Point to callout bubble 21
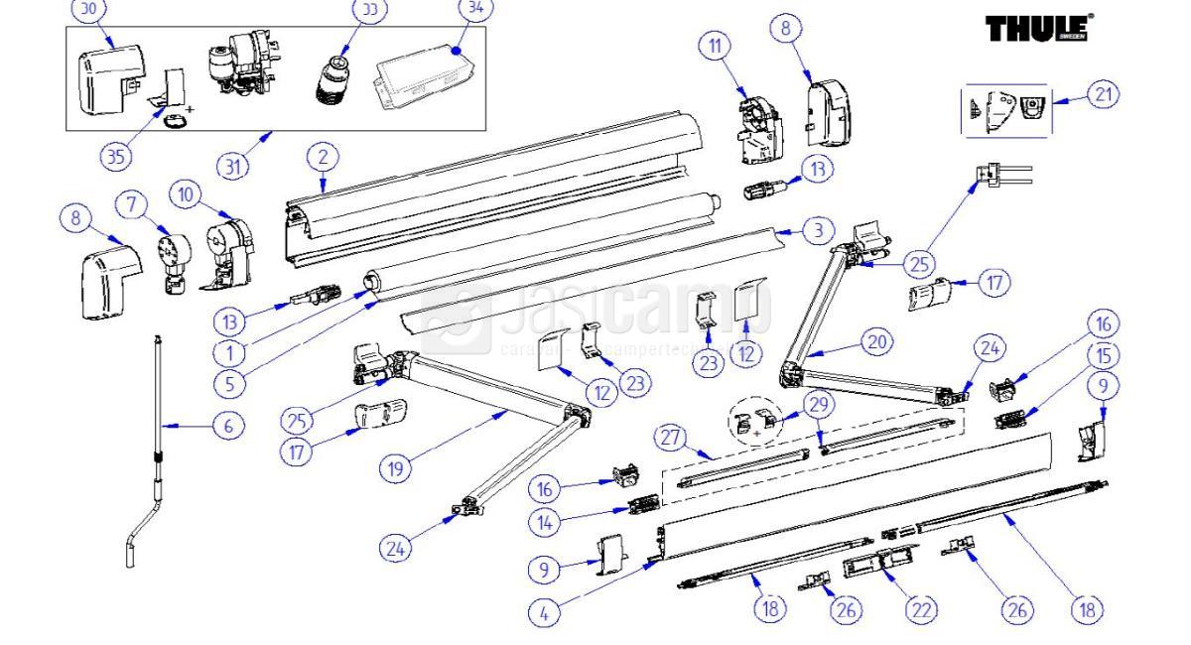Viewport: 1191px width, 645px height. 1102,95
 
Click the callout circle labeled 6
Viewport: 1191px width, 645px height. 228,427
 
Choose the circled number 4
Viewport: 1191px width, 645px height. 543,612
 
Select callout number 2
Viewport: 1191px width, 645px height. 323,156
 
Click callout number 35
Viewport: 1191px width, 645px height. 116,156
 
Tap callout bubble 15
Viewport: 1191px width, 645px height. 1105,354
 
